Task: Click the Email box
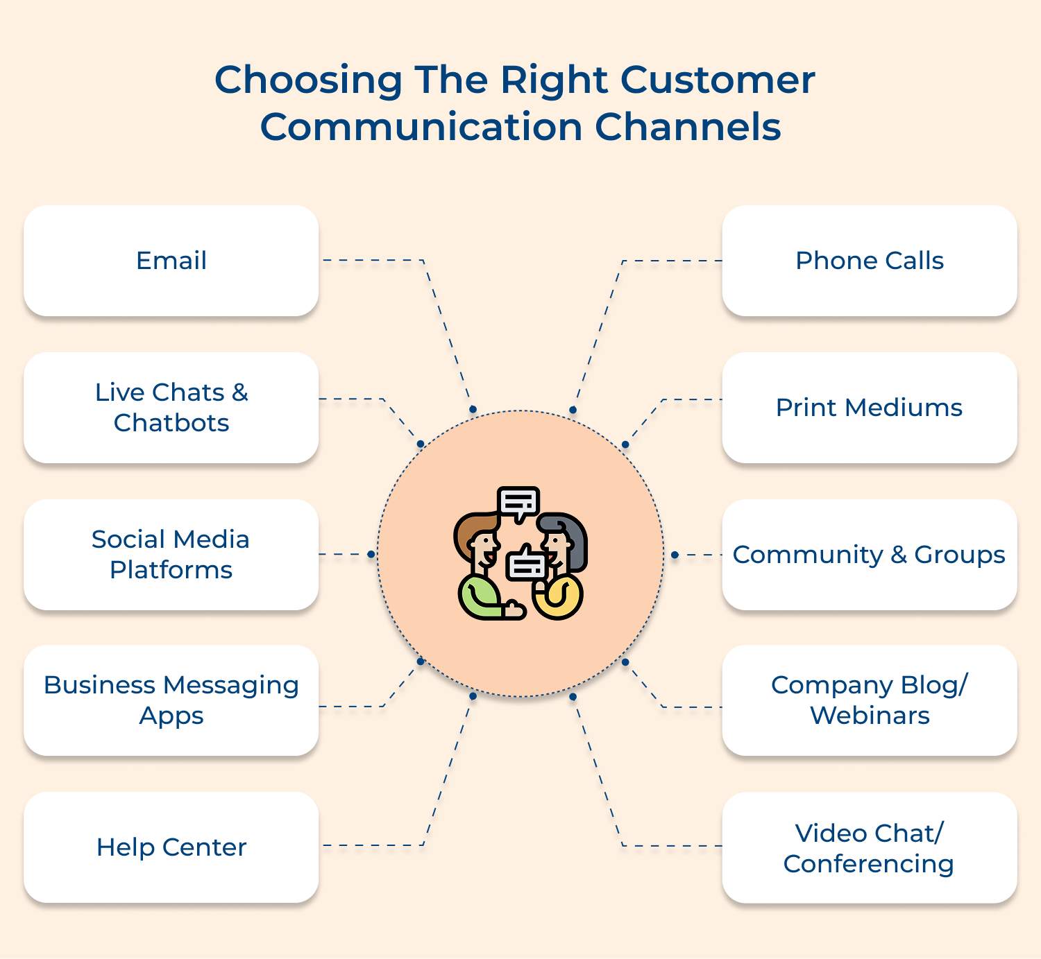[x=171, y=261]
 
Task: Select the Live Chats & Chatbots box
[x=171, y=408]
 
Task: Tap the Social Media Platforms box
[x=171, y=555]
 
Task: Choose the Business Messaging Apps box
[x=171, y=700]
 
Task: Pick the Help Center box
[x=171, y=847]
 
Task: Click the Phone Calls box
[x=870, y=261]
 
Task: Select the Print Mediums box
[x=870, y=408]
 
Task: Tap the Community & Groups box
[x=870, y=555]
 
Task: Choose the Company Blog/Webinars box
[x=870, y=700]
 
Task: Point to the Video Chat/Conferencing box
[x=870, y=848]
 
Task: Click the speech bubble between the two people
[x=527, y=564]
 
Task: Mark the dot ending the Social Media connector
[x=371, y=554]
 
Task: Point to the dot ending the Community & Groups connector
[x=674, y=555]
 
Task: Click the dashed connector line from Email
[x=444, y=326]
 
